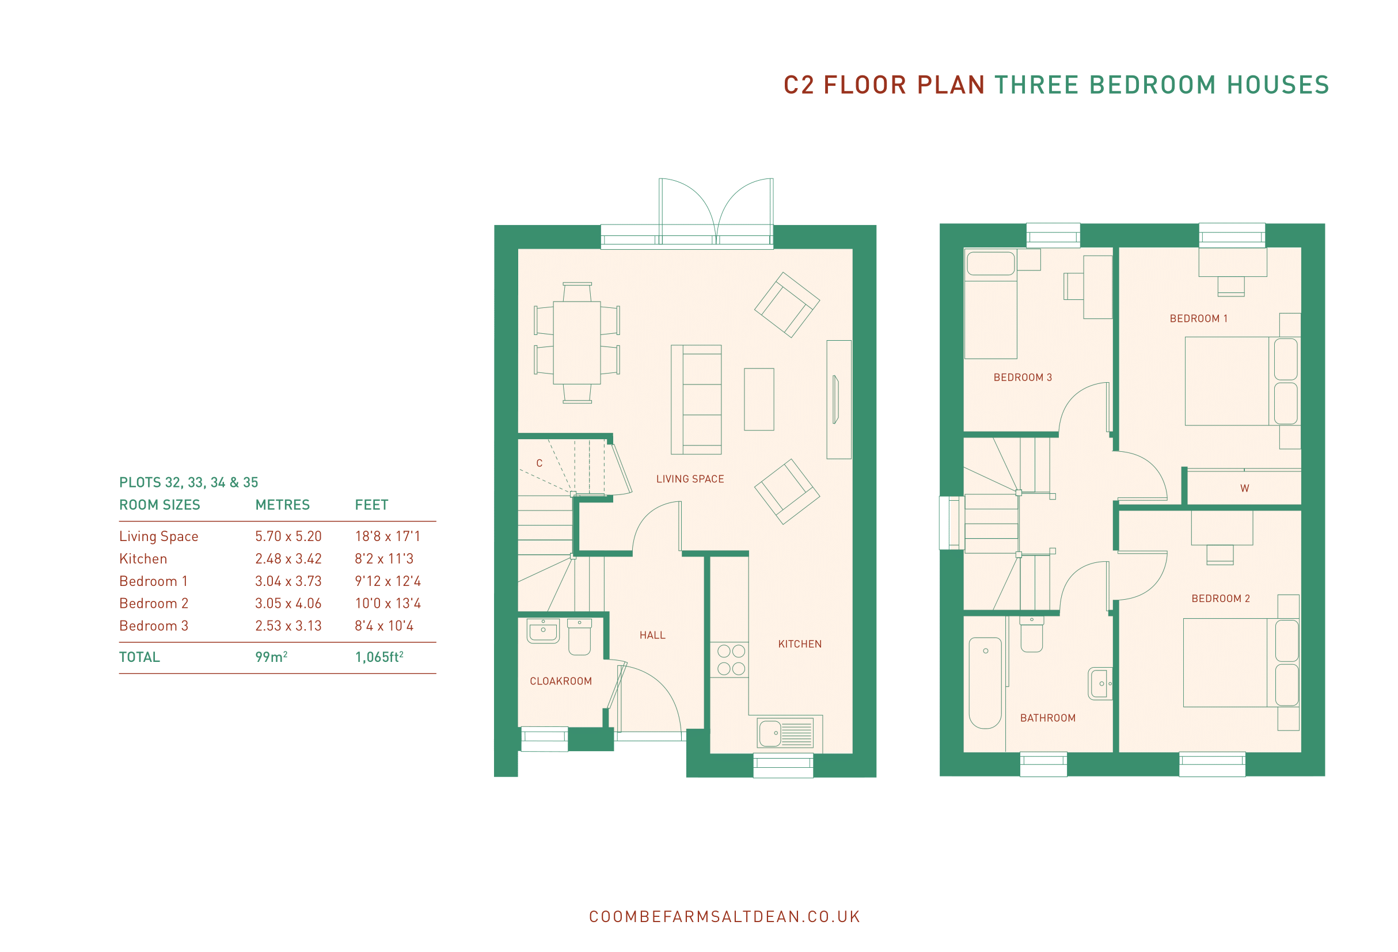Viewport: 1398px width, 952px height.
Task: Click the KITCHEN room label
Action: (x=799, y=644)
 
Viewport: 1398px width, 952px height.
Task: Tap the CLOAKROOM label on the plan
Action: (x=561, y=681)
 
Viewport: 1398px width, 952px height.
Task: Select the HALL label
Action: (x=652, y=635)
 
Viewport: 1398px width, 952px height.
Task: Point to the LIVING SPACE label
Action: (x=690, y=479)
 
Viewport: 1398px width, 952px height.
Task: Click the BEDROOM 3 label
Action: (x=1023, y=377)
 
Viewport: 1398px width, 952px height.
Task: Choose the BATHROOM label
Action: (x=1048, y=718)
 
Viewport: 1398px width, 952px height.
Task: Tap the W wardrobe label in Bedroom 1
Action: (x=1245, y=488)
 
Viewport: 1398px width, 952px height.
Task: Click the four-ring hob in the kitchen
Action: (x=731, y=660)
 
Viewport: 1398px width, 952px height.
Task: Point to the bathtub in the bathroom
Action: (x=985, y=683)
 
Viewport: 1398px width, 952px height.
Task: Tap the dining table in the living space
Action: (x=576, y=342)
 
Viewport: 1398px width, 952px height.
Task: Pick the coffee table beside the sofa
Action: (x=758, y=399)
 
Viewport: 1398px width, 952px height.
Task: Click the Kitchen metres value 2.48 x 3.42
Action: (x=288, y=559)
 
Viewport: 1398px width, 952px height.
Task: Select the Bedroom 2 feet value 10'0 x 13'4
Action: (x=388, y=603)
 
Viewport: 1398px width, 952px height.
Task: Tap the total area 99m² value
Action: (x=271, y=657)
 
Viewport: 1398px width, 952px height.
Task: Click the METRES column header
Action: (x=282, y=505)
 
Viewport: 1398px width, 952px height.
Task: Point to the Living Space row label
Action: (x=159, y=536)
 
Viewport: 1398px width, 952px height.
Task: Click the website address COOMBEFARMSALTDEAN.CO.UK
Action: (x=724, y=916)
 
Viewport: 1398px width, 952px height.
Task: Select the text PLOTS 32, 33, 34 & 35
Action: (x=188, y=482)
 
